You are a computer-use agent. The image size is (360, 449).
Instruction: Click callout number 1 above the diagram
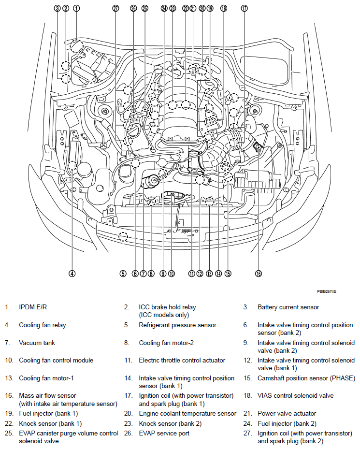[x=76, y=8]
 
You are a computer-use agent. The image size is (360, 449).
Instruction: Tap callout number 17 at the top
[x=244, y=8]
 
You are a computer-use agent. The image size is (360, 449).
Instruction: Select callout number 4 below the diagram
[x=72, y=274]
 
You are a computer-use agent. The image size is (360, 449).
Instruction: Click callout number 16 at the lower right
[x=259, y=274]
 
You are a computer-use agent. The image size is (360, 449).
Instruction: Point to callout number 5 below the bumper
[x=123, y=274]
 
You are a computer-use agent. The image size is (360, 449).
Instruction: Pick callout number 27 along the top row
[x=115, y=8]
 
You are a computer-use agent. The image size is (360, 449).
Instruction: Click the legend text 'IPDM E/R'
[x=33, y=307]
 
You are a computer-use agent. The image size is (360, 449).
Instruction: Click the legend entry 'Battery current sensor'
[x=288, y=307]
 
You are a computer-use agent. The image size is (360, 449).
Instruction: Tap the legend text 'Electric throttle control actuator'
[x=182, y=360]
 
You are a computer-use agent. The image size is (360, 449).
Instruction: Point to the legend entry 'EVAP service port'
[x=164, y=433]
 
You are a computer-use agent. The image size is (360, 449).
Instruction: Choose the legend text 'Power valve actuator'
[x=287, y=413]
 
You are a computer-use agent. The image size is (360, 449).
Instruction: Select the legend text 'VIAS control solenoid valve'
[x=295, y=395]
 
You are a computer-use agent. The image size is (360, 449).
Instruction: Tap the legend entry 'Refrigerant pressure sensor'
[x=177, y=325]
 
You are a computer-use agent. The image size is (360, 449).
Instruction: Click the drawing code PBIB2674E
[x=327, y=292]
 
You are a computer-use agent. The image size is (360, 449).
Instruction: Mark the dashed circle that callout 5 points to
[x=123, y=236]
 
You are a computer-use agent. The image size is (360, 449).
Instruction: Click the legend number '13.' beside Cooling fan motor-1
[x=8, y=378]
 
